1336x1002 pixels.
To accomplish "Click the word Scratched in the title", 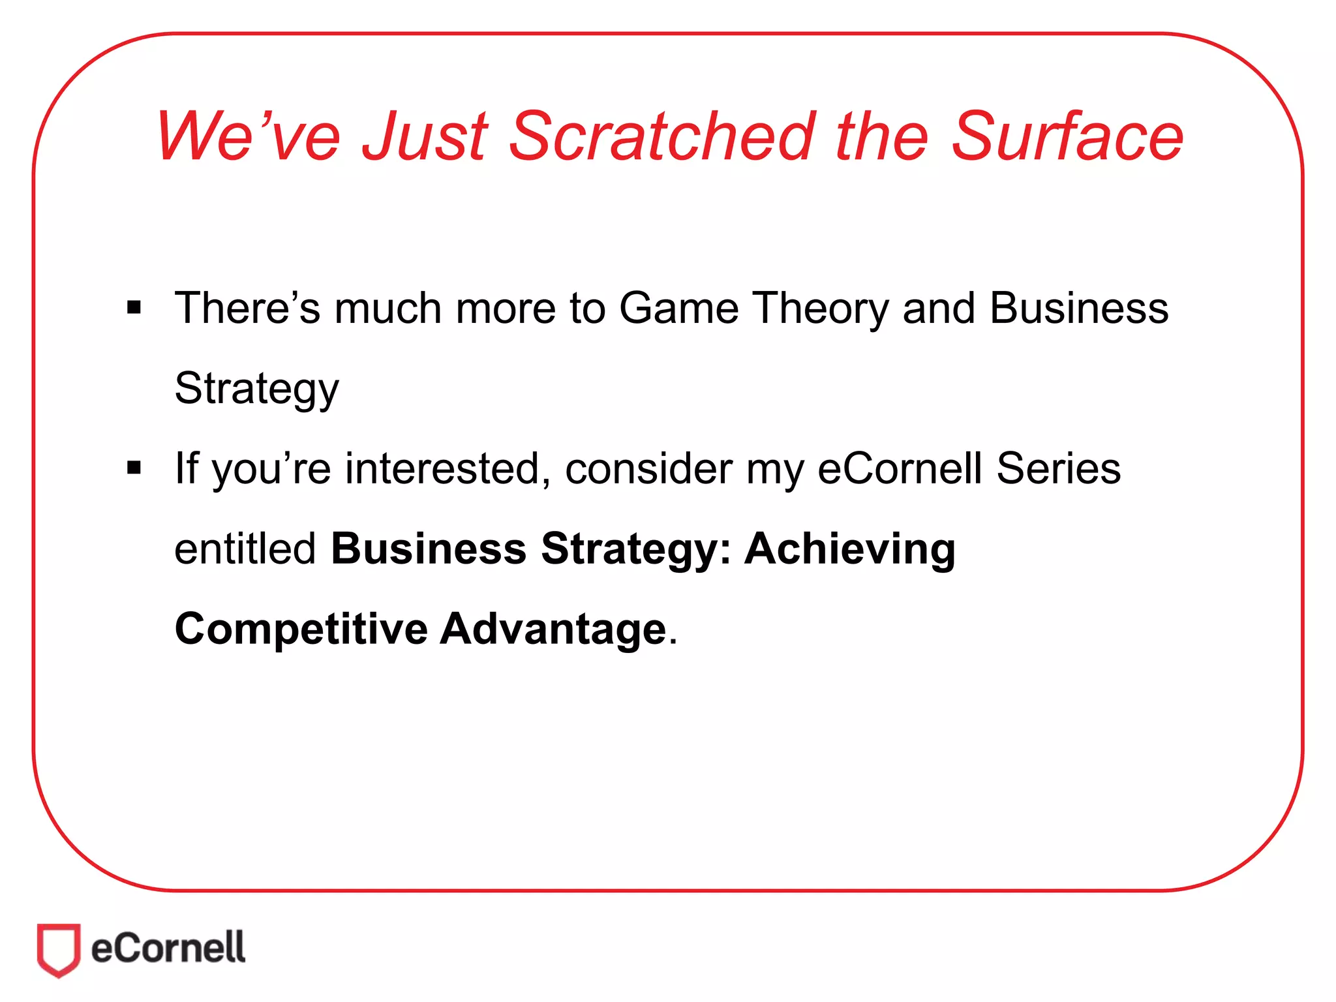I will (661, 136).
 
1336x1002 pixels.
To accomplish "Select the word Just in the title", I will (425, 136).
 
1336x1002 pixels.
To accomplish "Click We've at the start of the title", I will (248, 136).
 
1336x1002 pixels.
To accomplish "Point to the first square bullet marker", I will (134, 307).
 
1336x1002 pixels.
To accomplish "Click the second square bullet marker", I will (134, 468).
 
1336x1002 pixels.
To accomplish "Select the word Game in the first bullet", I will (678, 308).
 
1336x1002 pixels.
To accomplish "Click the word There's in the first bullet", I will (248, 308).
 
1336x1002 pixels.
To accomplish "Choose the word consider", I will (648, 468).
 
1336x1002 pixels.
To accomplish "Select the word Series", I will (1058, 468).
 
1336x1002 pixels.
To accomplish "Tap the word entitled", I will (245, 549).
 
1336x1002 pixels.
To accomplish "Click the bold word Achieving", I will (850, 550).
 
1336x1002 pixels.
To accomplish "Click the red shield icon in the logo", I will (59, 949).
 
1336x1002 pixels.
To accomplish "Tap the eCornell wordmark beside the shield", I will (168, 948).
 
